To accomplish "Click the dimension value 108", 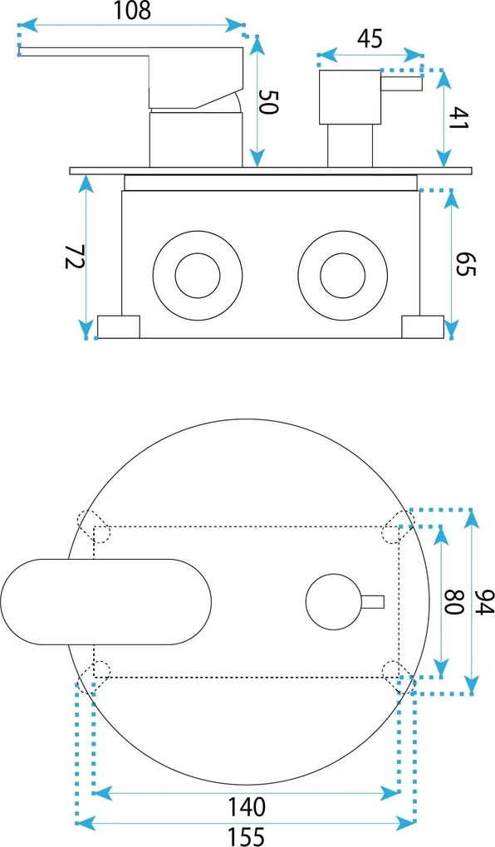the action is [132, 10].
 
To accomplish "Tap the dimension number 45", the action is [370, 38].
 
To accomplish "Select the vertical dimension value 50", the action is [268, 101].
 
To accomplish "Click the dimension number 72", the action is [75, 257].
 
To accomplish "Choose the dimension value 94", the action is [485, 602].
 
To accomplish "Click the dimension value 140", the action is [246, 807].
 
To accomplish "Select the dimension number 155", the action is [246, 836].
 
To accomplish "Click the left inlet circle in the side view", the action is [197, 276].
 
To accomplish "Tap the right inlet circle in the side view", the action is [343, 276].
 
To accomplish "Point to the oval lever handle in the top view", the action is [106, 602].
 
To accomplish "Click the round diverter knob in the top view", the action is [334, 602].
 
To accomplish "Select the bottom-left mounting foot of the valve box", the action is [118, 327].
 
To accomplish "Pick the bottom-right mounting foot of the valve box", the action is [423, 327].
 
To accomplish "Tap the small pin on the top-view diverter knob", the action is [373, 601].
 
